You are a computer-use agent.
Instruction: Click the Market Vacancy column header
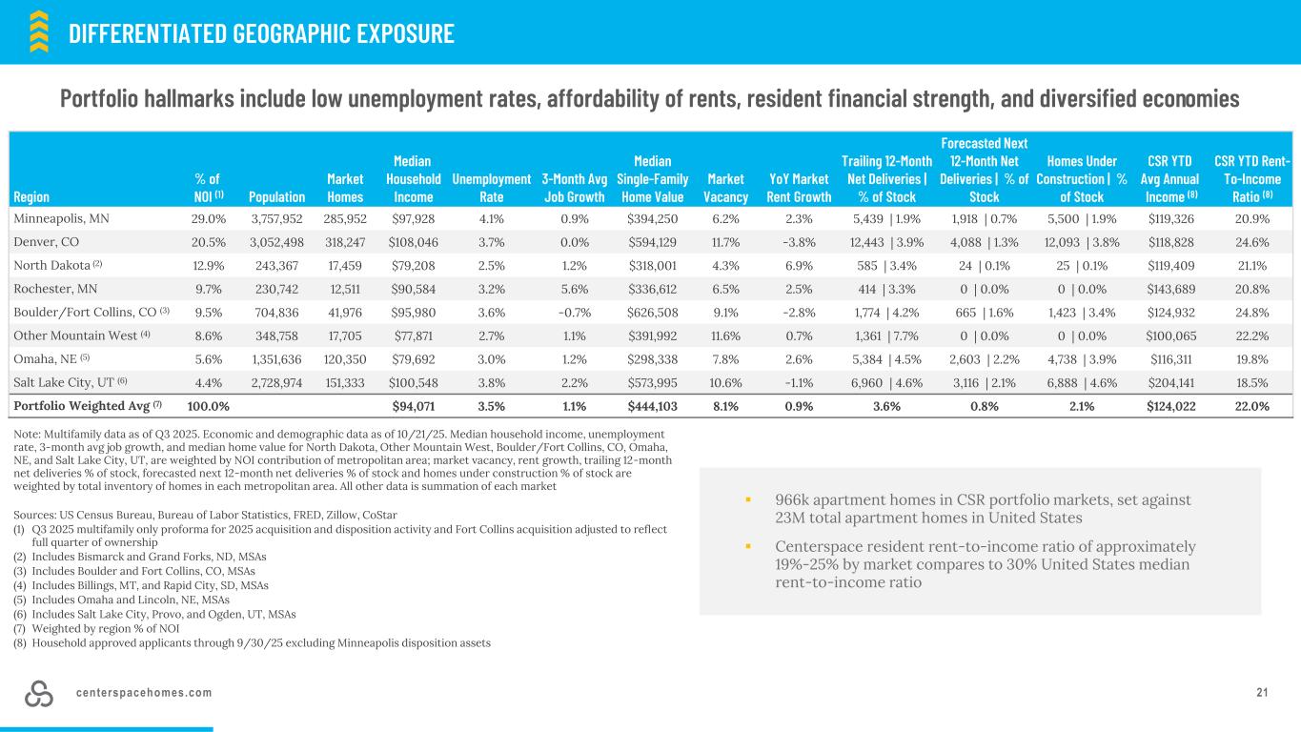(x=725, y=188)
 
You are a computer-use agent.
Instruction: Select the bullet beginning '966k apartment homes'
(x=982, y=508)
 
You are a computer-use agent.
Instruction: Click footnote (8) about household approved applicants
(x=252, y=643)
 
